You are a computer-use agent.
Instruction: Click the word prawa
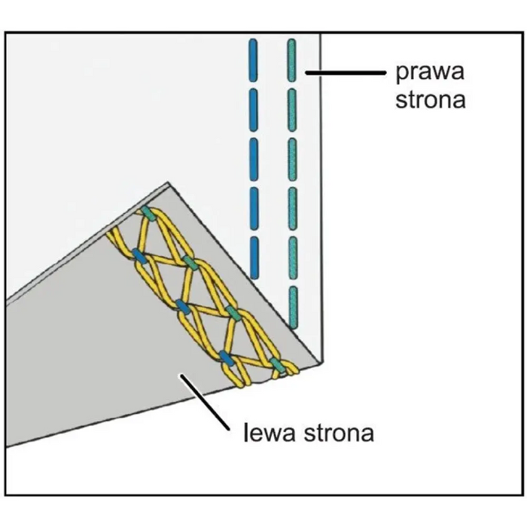tap(431, 75)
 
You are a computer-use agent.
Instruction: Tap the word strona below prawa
tap(431, 99)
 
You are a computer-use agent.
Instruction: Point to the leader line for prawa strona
tap(346, 73)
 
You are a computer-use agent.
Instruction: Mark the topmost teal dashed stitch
tap(292, 62)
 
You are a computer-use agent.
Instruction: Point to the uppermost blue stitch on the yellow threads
tap(139, 254)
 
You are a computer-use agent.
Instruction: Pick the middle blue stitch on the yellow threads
tap(182, 306)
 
